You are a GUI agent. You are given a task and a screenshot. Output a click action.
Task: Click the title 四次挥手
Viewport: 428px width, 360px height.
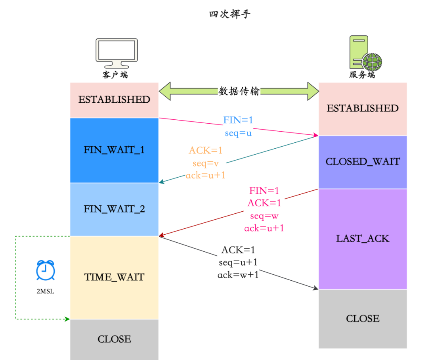click(x=230, y=15)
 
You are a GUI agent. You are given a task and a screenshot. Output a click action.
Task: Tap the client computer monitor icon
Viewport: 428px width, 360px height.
click(x=116, y=53)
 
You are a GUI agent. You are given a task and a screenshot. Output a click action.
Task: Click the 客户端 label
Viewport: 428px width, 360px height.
click(x=115, y=75)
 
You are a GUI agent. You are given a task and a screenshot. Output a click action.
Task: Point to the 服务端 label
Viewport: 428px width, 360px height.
click(x=362, y=75)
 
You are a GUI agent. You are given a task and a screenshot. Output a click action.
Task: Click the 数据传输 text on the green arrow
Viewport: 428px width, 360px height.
click(x=239, y=91)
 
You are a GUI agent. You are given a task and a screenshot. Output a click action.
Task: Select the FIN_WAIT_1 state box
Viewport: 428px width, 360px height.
click(x=114, y=150)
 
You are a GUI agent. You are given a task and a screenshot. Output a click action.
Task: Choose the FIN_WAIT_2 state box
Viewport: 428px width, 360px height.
click(x=114, y=209)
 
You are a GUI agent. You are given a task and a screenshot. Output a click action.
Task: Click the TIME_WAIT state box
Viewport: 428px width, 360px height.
click(x=114, y=277)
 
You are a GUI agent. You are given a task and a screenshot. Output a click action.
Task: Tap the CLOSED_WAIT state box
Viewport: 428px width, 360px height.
click(x=363, y=162)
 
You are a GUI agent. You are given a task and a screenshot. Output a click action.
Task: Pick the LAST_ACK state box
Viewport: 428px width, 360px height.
click(x=363, y=239)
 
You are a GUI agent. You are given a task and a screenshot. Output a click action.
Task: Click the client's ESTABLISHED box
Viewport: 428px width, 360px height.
click(x=114, y=100)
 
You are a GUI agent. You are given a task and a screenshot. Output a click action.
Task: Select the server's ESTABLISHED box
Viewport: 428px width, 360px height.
click(x=363, y=109)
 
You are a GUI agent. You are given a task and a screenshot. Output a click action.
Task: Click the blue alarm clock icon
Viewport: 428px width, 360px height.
click(x=45, y=271)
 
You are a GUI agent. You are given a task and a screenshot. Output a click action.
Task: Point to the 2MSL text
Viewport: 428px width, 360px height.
click(x=45, y=291)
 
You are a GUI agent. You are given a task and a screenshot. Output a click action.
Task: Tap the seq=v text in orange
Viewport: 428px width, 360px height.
click(x=205, y=163)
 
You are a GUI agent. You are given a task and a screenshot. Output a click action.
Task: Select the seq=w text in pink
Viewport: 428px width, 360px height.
click(x=264, y=216)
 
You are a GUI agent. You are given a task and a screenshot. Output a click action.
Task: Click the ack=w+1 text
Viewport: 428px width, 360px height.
click(x=238, y=274)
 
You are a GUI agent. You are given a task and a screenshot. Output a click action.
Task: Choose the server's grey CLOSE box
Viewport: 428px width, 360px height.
click(x=363, y=319)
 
